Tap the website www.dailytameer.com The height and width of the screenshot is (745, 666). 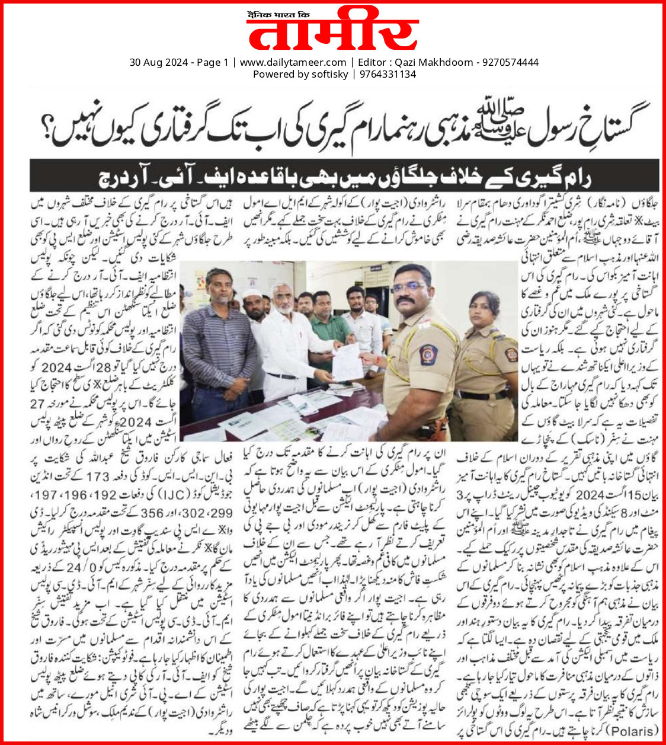pos(293,62)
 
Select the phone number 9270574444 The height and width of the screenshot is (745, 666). pos(510,62)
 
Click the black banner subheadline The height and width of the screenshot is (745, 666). pos(344,176)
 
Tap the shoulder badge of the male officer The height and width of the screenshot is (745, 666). pos(428,354)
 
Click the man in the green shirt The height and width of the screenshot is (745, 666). pos(326,332)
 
